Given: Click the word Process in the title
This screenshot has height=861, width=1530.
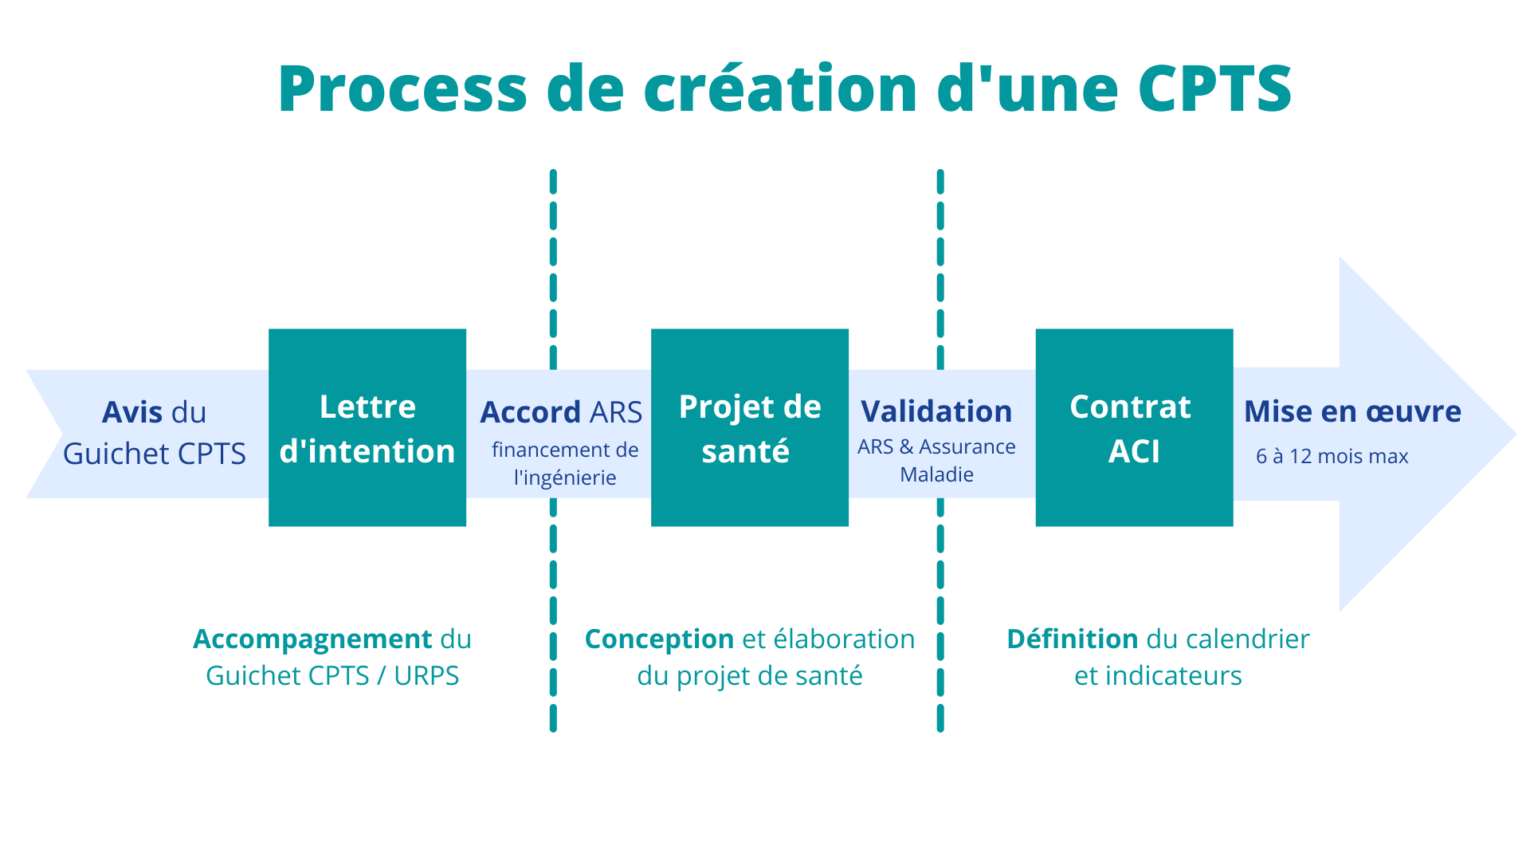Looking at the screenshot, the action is [402, 88].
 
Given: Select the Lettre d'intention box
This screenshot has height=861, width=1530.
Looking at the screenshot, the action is [367, 427].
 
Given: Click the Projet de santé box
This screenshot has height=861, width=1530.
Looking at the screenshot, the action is [750, 427].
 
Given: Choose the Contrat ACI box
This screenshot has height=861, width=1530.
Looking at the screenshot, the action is [1134, 427].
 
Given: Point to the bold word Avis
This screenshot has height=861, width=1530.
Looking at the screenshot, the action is [133, 412].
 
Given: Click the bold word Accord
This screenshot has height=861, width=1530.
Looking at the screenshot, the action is [530, 412].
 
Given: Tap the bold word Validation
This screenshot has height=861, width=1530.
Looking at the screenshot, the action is [936, 411].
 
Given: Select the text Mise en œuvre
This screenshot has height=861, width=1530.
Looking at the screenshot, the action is [1352, 411].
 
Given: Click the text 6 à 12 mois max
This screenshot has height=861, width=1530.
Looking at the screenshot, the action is [1332, 456].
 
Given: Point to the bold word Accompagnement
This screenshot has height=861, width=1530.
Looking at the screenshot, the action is [312, 639].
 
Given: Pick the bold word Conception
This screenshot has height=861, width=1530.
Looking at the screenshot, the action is [659, 639].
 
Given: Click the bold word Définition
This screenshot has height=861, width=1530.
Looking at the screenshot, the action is [1072, 639].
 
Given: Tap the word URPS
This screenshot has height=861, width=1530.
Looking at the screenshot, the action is [426, 676].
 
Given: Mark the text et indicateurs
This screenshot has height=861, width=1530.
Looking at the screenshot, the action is [1158, 676].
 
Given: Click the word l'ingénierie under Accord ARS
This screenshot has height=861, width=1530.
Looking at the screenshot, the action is [565, 478].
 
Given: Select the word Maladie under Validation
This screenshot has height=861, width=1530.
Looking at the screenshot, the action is [936, 474].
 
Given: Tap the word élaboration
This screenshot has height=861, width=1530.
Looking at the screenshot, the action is [844, 639].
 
